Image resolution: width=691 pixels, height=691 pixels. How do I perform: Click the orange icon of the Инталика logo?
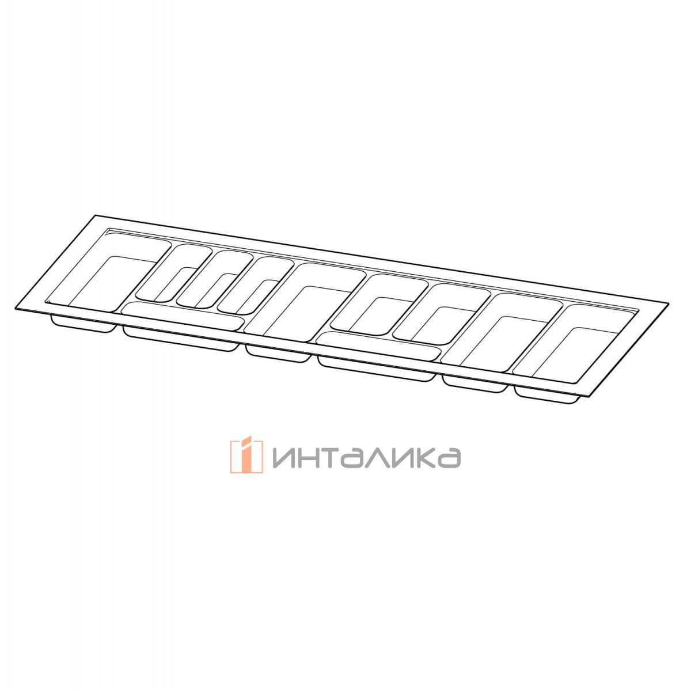[246, 456]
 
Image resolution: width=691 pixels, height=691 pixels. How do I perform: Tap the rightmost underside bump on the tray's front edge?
[547, 394]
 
